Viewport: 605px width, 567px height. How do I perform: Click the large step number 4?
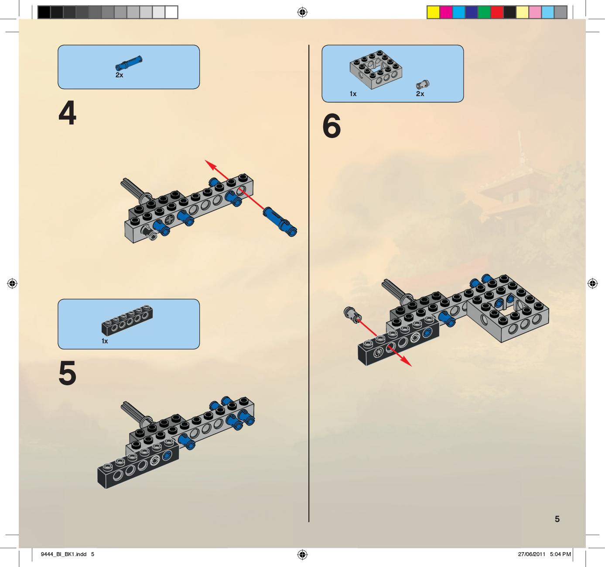67,113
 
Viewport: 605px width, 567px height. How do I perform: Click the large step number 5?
67,373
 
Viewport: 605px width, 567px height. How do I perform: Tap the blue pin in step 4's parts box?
129,63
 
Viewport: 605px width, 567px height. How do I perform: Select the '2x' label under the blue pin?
119,75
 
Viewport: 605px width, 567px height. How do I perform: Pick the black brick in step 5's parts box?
127,321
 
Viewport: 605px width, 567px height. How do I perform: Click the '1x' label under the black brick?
105,341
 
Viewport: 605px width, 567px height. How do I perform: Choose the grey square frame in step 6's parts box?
376,70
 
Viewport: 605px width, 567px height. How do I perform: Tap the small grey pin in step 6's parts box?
423,84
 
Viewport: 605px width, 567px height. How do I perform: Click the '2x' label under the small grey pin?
420,94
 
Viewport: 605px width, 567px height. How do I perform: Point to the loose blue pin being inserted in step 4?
280,221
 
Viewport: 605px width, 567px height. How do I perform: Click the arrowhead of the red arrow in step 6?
407,362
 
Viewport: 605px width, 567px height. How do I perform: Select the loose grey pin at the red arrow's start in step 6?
353,315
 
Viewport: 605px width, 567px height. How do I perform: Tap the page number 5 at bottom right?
557,519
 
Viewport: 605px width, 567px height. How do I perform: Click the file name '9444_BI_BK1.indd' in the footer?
64,554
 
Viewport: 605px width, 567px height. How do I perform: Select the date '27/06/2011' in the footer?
532,554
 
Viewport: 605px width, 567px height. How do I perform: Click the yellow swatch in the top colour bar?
433,13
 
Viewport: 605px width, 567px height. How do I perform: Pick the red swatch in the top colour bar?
497,13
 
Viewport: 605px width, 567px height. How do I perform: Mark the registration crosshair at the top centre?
302,12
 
